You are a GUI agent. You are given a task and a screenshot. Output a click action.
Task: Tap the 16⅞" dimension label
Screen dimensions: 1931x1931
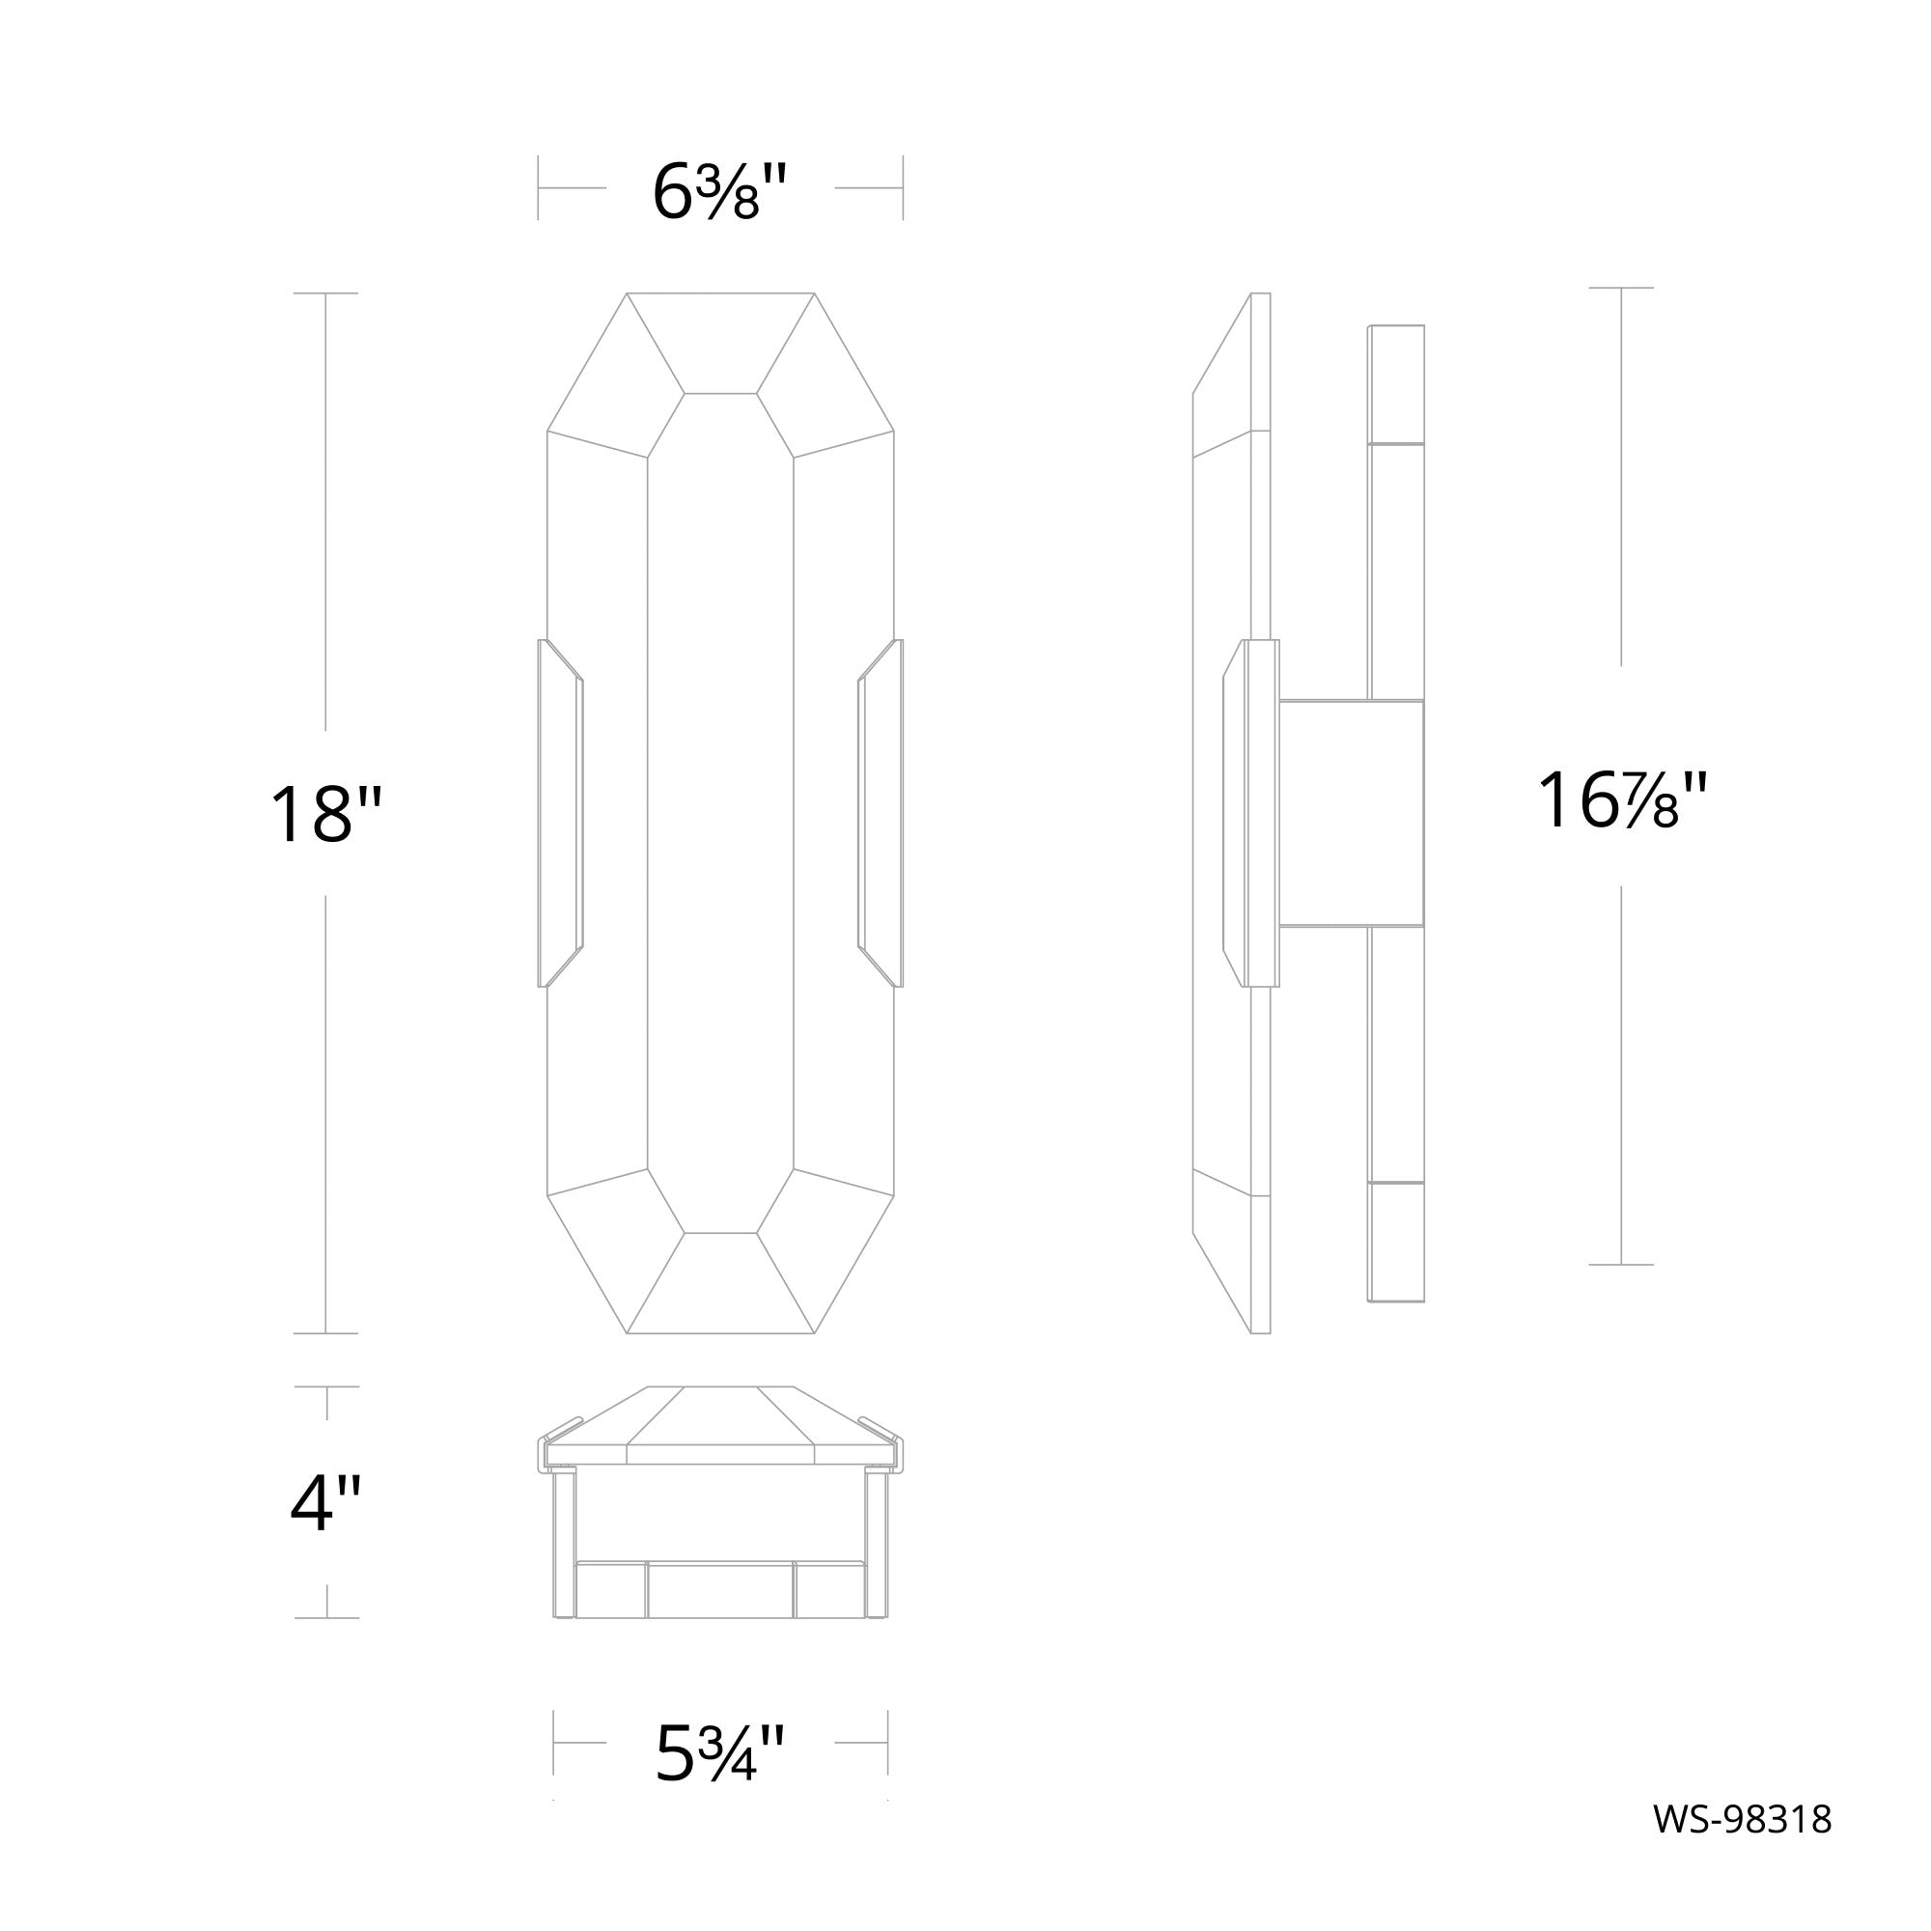tap(1621, 799)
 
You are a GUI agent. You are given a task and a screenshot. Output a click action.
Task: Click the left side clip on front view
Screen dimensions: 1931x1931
tap(560, 813)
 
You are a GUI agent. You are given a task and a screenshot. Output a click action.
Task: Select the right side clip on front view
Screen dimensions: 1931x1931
tap(881, 813)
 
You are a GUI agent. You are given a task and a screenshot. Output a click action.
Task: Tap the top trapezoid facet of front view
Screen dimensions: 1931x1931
tap(720, 343)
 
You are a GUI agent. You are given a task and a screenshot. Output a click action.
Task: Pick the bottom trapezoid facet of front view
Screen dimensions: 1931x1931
tap(720, 1282)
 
